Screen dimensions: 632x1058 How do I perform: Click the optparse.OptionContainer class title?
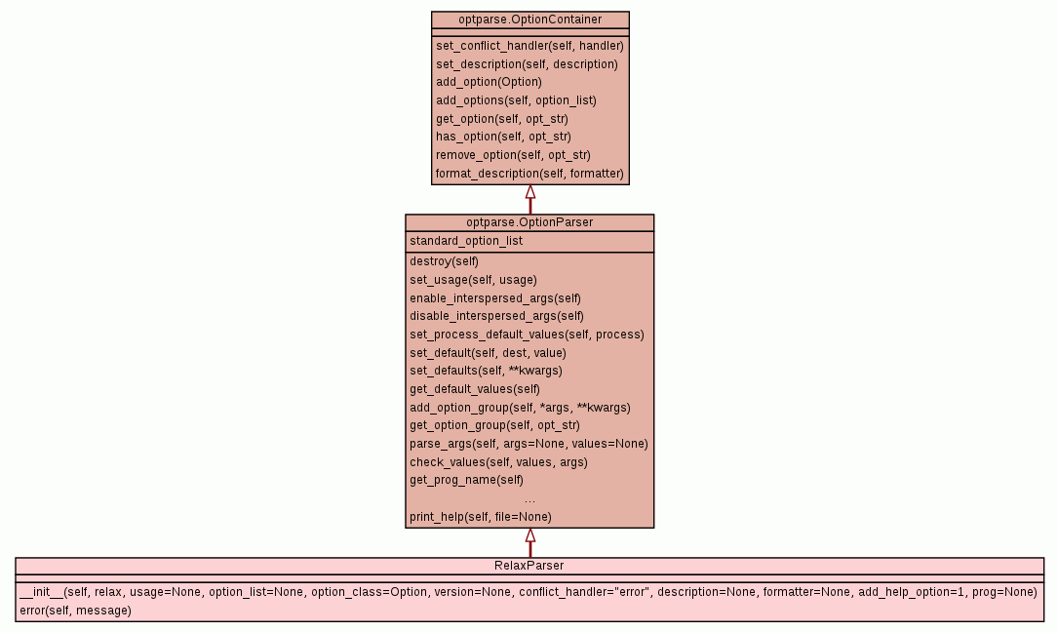[529, 20]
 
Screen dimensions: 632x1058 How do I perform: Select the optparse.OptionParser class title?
[529, 222]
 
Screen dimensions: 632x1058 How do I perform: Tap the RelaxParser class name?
[529, 566]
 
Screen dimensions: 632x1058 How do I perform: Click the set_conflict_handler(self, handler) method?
[529, 45]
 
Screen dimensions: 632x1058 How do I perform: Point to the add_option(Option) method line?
[489, 82]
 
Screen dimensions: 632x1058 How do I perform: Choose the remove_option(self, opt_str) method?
[513, 155]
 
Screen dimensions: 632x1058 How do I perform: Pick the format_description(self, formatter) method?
[529, 174]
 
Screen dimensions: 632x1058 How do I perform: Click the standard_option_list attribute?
[466, 241]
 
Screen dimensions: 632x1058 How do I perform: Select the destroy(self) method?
[445, 261]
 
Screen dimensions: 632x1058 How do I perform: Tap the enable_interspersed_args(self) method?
[495, 297]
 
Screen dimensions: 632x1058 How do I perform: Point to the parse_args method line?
[529, 444]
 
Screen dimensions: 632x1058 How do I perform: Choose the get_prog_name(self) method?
[466, 480]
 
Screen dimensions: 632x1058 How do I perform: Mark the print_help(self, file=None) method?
[481, 517]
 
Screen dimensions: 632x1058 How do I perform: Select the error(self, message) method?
[75, 611]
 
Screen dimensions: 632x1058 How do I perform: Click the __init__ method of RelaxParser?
[528, 592]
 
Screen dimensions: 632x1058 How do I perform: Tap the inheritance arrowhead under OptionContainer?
[530, 192]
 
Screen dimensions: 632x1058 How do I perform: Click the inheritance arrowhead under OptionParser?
[530, 535]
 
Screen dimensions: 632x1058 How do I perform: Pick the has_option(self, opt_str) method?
[503, 137]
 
